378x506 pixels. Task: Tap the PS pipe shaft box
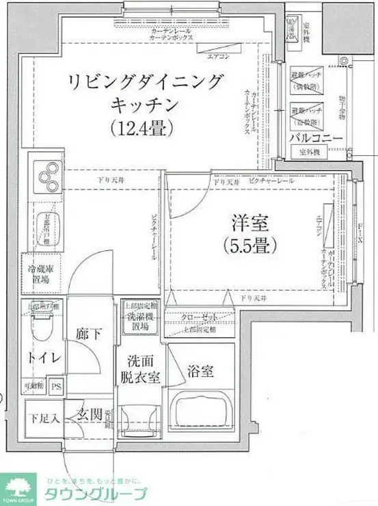(57, 386)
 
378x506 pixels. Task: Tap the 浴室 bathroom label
(201, 372)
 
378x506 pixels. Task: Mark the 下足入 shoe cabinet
(43, 416)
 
